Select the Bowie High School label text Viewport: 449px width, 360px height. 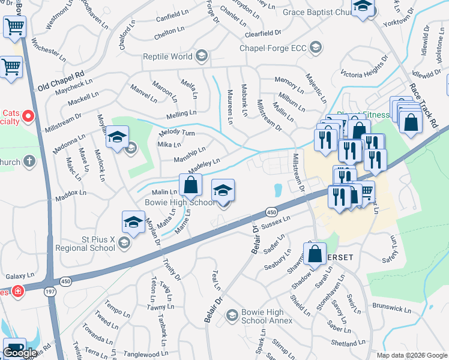(x=179, y=202)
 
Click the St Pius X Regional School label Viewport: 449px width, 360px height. (x=85, y=244)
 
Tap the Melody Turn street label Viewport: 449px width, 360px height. (x=177, y=133)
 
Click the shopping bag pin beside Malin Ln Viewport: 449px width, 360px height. (x=190, y=185)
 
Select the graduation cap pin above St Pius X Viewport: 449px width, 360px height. (x=133, y=222)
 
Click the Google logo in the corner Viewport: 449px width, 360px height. (x=20, y=353)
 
